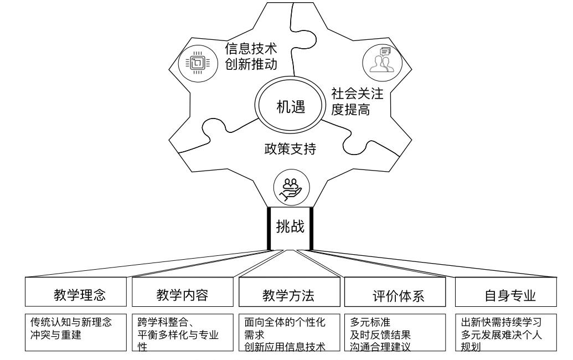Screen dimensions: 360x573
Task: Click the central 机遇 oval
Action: tap(290, 106)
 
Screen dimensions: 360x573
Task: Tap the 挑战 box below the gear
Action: tap(290, 228)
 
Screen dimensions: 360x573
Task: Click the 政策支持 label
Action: tap(291, 149)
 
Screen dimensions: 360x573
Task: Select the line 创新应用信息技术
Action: tap(285, 348)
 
